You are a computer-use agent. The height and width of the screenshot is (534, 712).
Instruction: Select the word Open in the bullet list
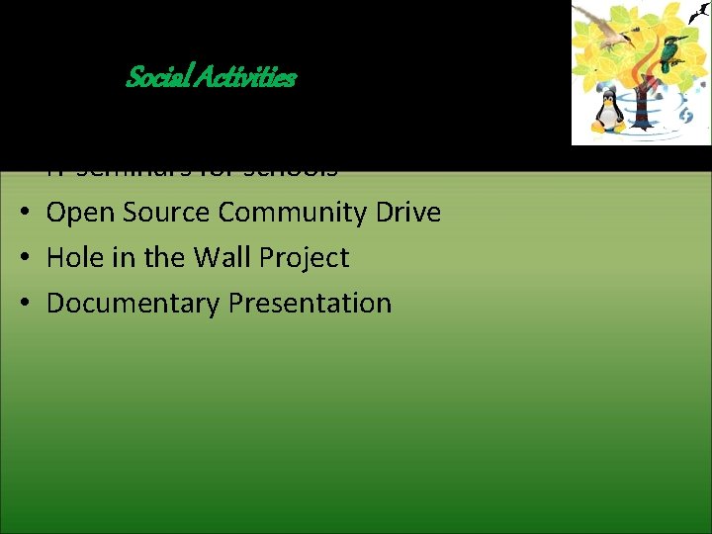[79, 213]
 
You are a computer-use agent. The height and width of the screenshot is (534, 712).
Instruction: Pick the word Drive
[410, 213]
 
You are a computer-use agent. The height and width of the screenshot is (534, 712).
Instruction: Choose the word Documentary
[133, 304]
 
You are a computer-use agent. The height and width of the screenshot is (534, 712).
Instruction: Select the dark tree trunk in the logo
[642, 103]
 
